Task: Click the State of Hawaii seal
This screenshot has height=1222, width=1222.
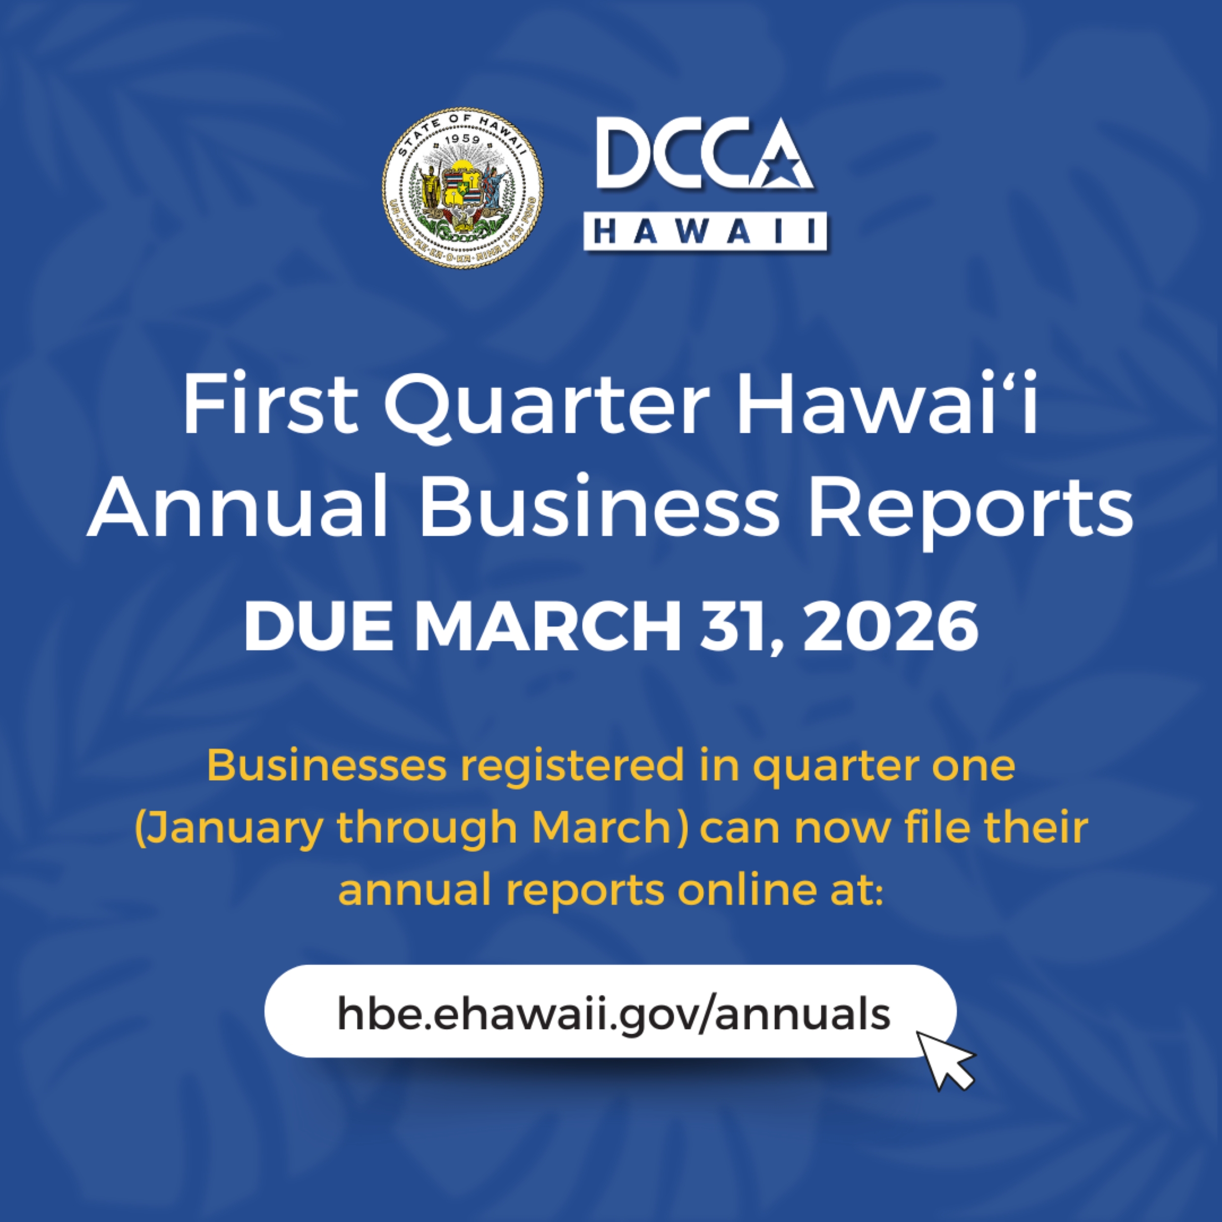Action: (462, 187)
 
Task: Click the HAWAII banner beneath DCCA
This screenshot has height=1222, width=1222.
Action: (705, 231)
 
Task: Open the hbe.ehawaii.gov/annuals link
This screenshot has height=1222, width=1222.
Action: (614, 1014)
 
